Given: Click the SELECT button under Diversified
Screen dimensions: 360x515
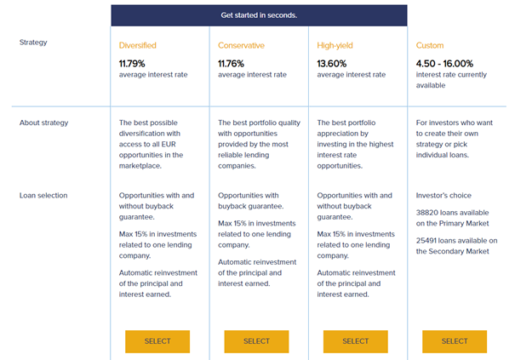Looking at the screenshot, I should [157, 341].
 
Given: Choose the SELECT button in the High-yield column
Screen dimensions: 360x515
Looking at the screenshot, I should [355, 341].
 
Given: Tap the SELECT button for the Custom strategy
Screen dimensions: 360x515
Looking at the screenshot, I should [454, 341].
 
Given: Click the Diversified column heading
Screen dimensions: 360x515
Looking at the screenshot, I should [138, 45].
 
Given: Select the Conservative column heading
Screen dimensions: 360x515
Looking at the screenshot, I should [242, 45].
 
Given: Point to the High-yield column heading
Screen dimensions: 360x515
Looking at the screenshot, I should [339, 45].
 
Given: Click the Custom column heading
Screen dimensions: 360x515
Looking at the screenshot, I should [430, 45].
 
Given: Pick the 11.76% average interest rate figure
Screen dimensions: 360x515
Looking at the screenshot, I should [233, 63].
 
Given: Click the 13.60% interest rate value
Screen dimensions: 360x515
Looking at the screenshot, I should [333, 63].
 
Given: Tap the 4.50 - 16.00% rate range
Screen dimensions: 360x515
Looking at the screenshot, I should [445, 63].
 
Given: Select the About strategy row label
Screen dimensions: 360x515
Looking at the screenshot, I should [43, 123].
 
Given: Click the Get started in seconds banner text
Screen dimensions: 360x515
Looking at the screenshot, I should [259, 14].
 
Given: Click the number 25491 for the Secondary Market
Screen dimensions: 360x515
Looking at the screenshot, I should [430, 241].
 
